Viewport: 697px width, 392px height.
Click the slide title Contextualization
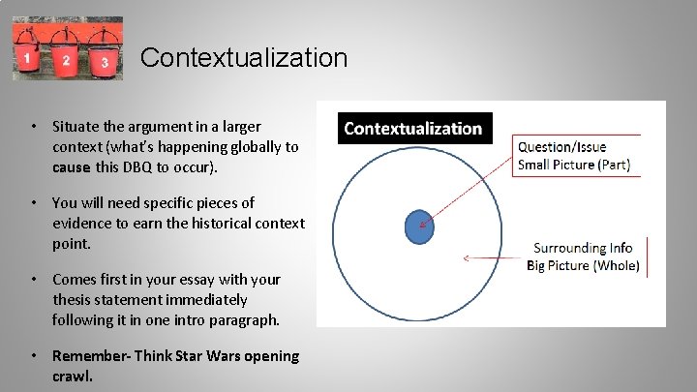[x=243, y=58]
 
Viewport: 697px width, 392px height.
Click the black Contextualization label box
[x=413, y=129]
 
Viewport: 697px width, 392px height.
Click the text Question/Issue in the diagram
[x=561, y=147]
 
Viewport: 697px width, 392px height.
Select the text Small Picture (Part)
[x=573, y=165]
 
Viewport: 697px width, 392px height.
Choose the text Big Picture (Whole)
[x=583, y=266]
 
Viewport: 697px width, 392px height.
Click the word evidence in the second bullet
[x=85, y=223]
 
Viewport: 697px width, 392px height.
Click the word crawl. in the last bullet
[x=73, y=376]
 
